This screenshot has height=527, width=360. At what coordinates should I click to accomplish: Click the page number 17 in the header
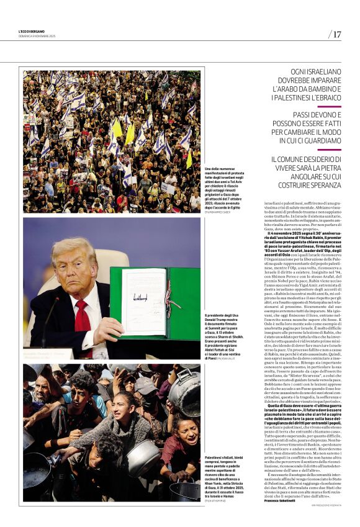(x=337, y=34)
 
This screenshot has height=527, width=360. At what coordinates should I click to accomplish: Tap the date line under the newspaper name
(x=37, y=37)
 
